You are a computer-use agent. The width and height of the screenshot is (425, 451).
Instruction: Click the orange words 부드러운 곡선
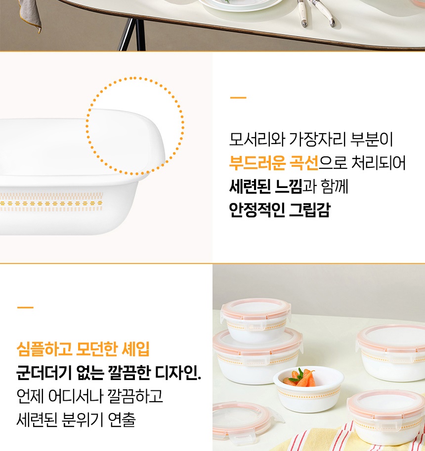pyautogui.click(x=273, y=163)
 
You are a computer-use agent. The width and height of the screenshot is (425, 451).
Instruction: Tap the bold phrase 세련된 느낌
pyautogui.click(x=265, y=187)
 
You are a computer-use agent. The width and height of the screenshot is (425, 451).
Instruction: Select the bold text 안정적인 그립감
pyautogui.click(x=280, y=210)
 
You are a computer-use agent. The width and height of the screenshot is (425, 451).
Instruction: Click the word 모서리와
pyautogui.click(x=257, y=139)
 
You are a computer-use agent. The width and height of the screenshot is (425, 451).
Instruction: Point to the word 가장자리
pyautogui.click(x=317, y=139)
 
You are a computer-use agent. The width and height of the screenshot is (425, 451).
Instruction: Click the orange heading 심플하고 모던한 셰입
pyautogui.click(x=83, y=349)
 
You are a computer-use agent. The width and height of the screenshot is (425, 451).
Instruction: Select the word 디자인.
pyautogui.click(x=177, y=373)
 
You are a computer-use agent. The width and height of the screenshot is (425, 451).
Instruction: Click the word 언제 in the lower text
pyautogui.click(x=30, y=396)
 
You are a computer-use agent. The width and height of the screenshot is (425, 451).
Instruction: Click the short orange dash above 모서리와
pyautogui.click(x=238, y=98)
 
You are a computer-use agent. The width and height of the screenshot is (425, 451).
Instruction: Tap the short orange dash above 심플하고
pyautogui.click(x=25, y=307)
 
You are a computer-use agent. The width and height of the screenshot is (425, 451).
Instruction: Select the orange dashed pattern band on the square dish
pyautogui.click(x=51, y=202)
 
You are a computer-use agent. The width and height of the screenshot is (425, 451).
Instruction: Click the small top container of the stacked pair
pyautogui.click(x=256, y=319)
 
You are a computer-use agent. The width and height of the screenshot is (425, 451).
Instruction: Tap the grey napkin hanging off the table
pyautogui.click(x=29, y=15)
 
